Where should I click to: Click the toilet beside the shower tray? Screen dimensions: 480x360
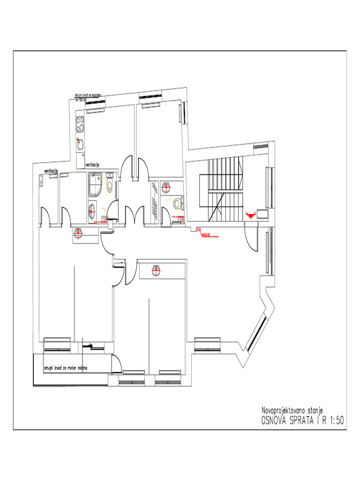(x=110, y=186)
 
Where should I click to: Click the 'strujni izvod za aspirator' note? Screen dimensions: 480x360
(x=90, y=95)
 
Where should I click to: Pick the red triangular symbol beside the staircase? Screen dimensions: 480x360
(x=251, y=214)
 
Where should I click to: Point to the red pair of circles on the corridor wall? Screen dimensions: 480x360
(x=198, y=229)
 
